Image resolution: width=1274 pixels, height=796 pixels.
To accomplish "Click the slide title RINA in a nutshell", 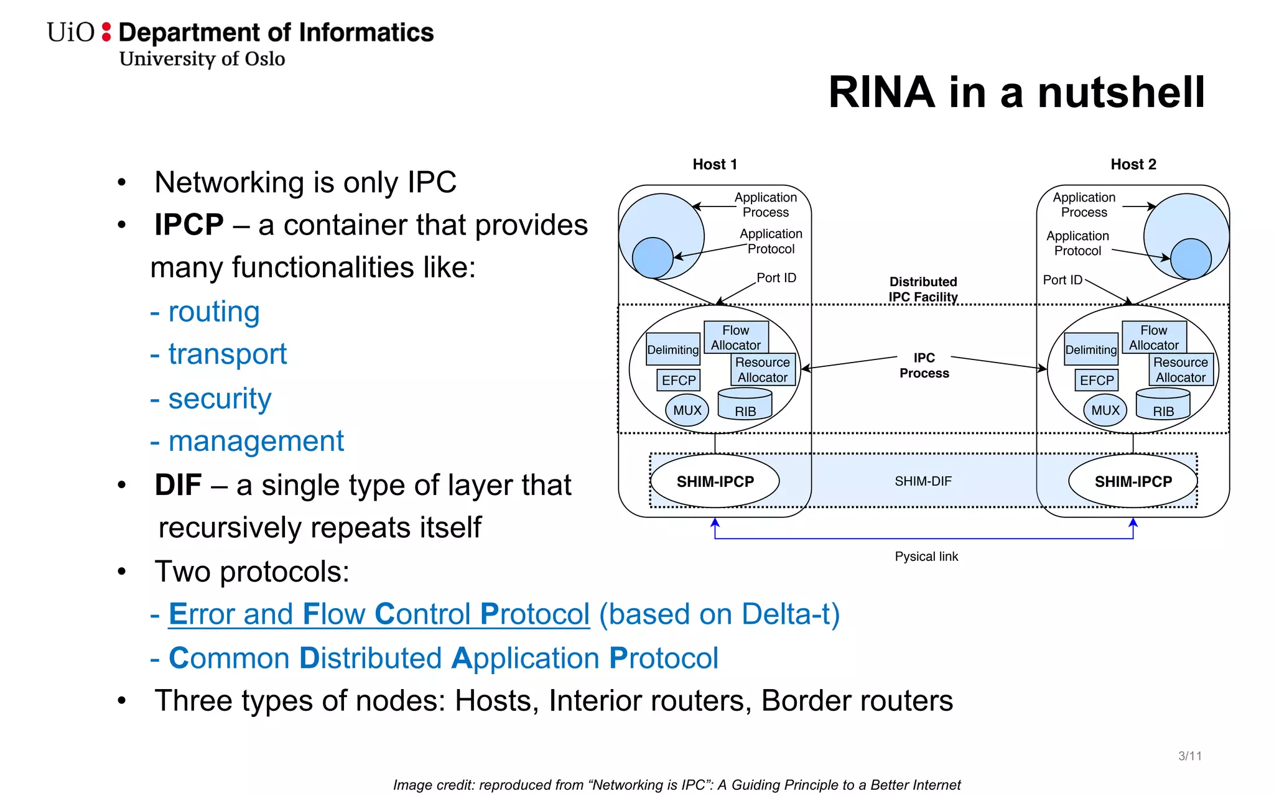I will [1016, 92].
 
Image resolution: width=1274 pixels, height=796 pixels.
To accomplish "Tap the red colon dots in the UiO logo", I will [106, 32].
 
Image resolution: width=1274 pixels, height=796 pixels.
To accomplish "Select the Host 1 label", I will [715, 164].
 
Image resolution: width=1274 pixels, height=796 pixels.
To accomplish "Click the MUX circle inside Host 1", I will [687, 410].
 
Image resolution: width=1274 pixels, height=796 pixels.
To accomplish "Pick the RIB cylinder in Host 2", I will [1163, 405].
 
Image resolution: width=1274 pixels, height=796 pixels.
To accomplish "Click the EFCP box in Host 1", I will [679, 380].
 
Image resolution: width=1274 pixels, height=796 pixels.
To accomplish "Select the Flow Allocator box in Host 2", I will [1154, 337].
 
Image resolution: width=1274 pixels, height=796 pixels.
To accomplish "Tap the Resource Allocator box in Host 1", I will [763, 370].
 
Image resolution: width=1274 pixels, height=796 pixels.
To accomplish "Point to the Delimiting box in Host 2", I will [1091, 349].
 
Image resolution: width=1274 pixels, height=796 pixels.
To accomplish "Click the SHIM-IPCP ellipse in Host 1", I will [715, 481].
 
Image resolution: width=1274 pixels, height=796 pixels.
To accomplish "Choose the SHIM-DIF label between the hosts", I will [923, 481].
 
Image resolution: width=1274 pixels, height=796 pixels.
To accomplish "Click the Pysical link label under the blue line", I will [926, 557].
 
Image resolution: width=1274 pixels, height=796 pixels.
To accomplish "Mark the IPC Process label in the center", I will [924, 366].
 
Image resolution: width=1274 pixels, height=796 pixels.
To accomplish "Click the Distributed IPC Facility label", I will [923, 289].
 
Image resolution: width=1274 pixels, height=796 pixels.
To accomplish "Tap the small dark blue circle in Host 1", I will [653, 258].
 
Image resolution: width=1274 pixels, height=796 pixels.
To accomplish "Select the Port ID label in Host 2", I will [1062, 280].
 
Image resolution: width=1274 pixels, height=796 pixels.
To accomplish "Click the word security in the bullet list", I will [220, 399].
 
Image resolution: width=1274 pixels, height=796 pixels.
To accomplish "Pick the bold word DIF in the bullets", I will [178, 485].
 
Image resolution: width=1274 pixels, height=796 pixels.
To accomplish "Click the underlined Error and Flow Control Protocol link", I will [379, 614].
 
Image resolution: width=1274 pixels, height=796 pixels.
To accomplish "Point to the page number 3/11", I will [1189, 756].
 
